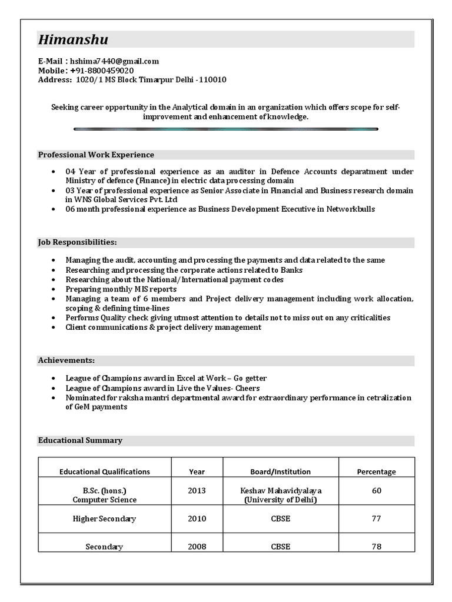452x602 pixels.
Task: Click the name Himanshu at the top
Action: tap(73, 39)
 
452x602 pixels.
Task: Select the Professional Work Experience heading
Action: tap(96, 155)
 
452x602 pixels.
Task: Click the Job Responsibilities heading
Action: tap(77, 242)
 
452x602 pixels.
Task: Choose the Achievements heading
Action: tap(67, 360)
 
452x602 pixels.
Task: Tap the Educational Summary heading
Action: tap(80, 440)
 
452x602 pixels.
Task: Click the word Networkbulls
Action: tap(351, 209)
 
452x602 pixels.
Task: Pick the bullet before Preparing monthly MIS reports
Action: tap(54, 289)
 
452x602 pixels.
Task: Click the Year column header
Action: tap(197, 471)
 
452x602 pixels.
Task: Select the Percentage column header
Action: tap(376, 471)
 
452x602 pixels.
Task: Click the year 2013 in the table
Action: tap(197, 490)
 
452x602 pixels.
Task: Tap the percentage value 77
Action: tap(376, 519)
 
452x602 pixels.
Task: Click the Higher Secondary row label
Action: tap(104, 519)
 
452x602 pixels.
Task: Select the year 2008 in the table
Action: tap(197, 547)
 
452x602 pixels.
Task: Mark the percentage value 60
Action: tap(376, 490)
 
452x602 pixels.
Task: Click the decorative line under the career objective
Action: tap(226, 129)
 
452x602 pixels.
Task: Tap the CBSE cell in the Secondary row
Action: tap(281, 547)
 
